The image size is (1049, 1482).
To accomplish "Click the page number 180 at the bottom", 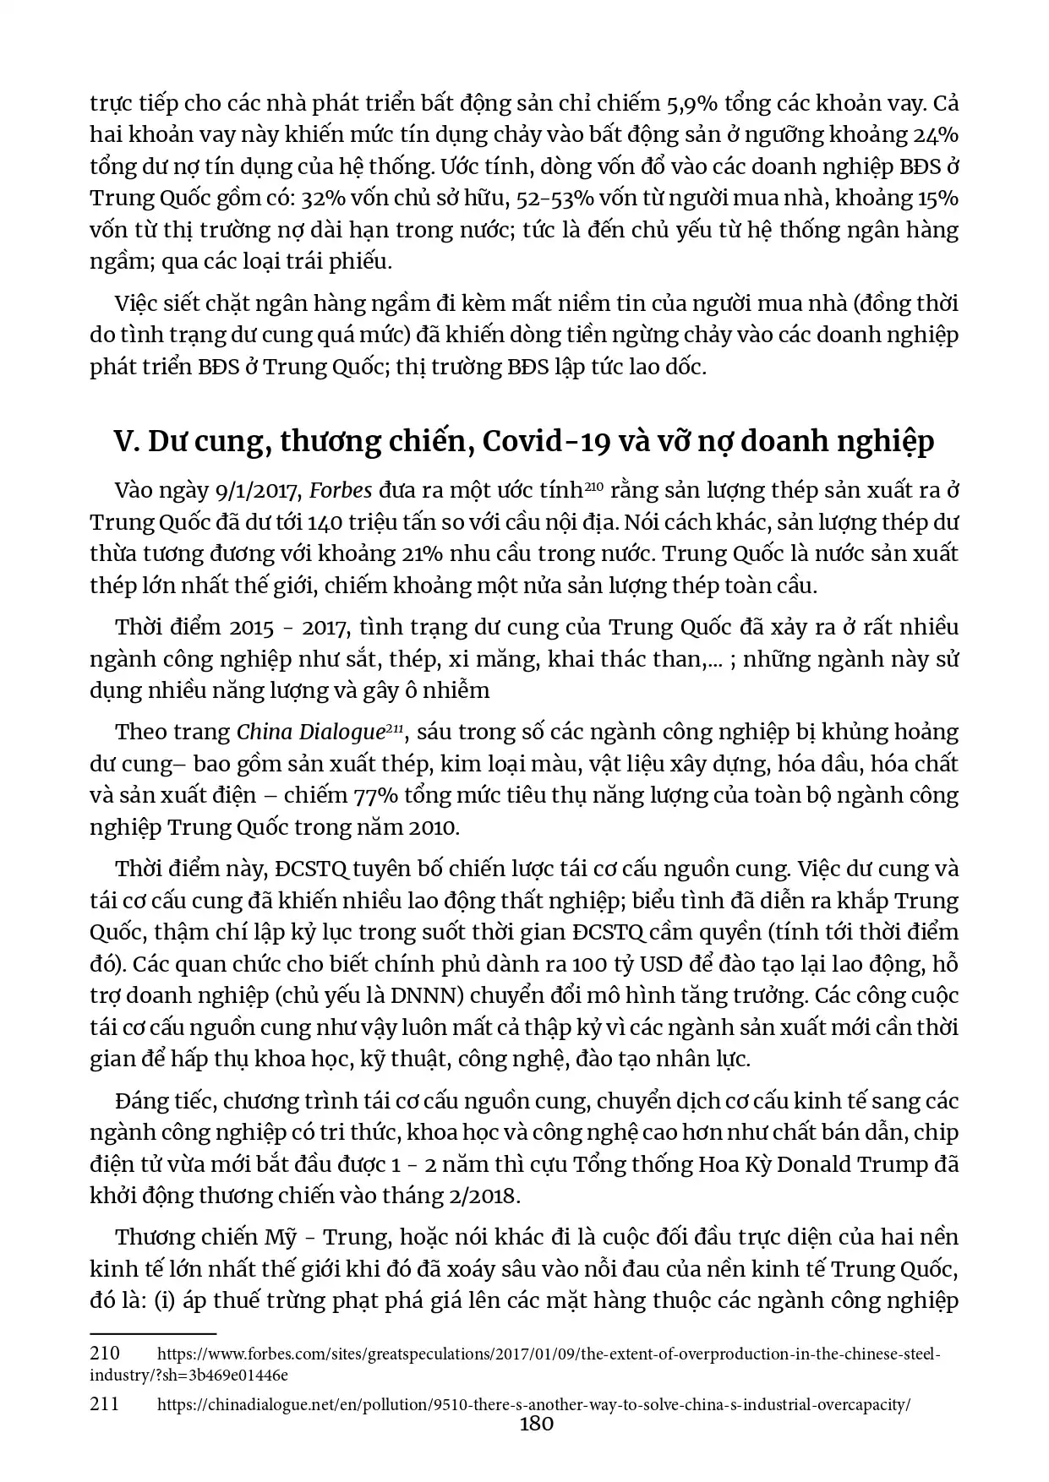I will click(x=536, y=1424).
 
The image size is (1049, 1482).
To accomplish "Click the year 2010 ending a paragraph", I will click(x=433, y=827).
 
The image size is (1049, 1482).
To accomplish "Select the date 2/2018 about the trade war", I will click(x=480, y=1196).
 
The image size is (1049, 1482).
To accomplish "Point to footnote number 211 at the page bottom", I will click(x=104, y=1404).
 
